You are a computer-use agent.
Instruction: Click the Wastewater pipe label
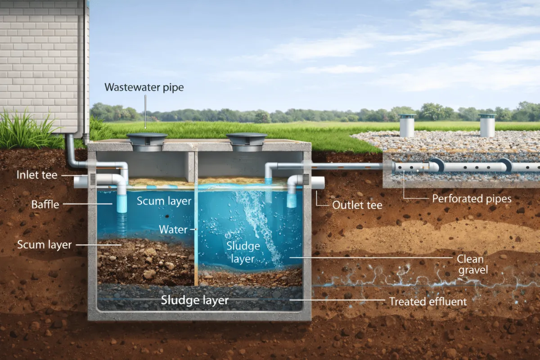point(144,87)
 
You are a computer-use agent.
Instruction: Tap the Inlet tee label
point(37,175)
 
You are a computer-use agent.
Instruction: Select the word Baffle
point(45,205)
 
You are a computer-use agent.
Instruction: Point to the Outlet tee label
point(357,205)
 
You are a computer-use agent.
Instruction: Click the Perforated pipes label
point(472,198)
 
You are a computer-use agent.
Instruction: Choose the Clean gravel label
point(470,264)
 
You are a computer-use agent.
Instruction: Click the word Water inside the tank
point(173,229)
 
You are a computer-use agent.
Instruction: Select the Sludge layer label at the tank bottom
point(195,300)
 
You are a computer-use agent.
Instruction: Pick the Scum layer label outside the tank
point(44,245)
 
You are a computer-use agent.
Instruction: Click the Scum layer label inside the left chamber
point(164,201)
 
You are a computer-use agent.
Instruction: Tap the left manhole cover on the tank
point(147,140)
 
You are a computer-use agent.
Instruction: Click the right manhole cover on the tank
point(246,139)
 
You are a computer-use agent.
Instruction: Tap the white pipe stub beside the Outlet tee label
point(317,183)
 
